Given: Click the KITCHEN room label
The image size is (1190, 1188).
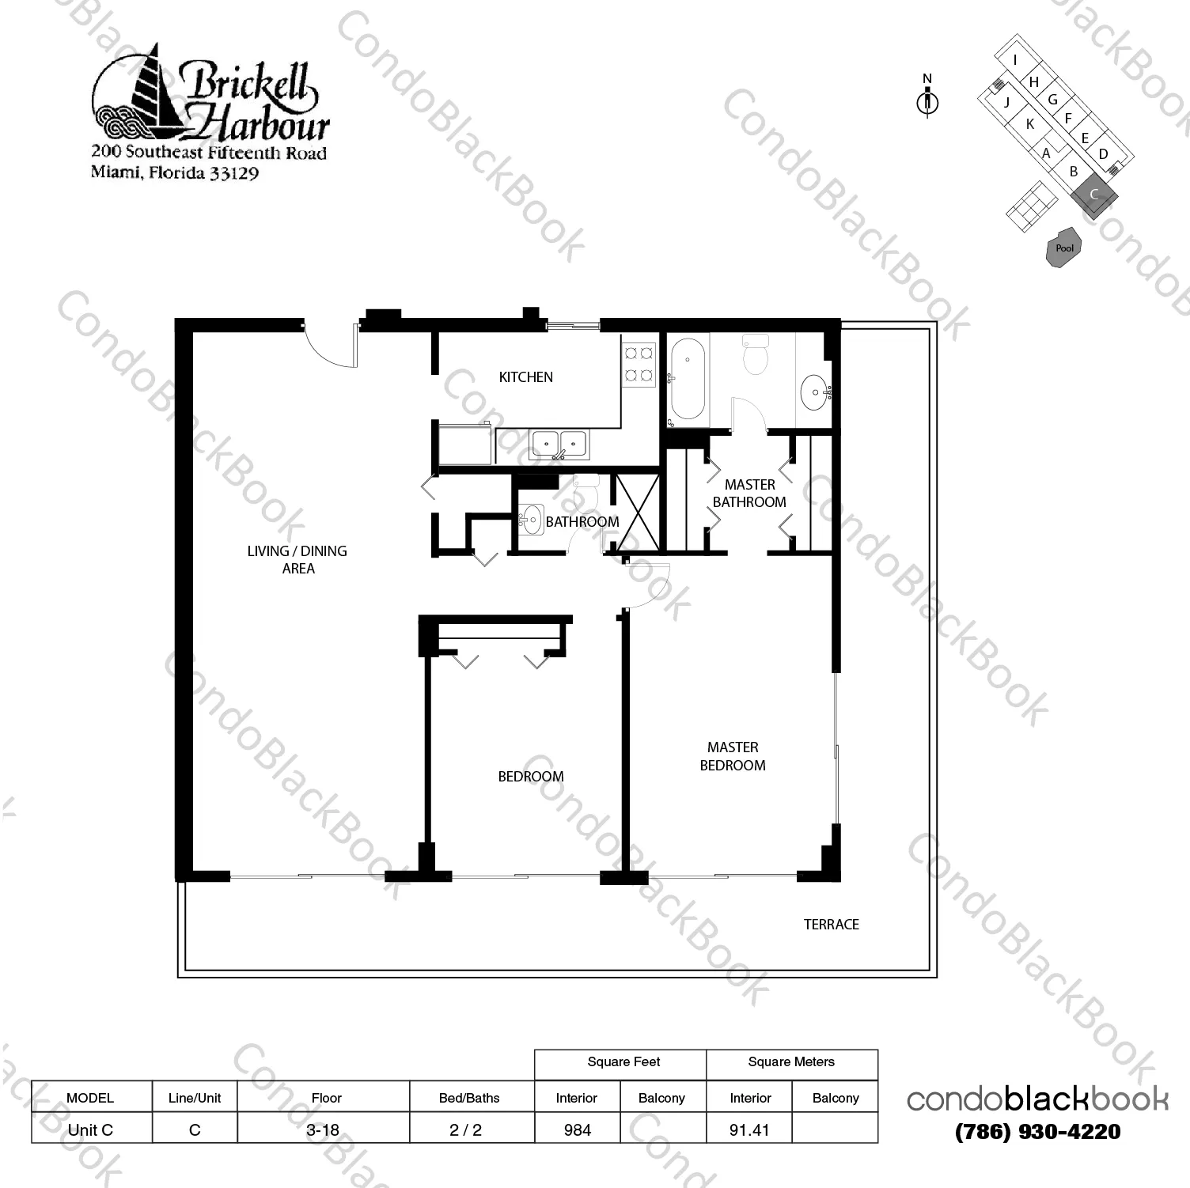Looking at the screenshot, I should [x=525, y=377].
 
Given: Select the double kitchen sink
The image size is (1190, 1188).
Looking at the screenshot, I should [x=559, y=445].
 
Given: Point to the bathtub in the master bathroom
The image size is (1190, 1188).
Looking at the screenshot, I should [x=688, y=379].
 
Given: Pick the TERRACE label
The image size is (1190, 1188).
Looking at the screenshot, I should [x=831, y=924].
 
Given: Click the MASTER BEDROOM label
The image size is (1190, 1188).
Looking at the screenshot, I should [x=733, y=756].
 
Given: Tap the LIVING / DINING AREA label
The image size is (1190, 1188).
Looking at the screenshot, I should [x=297, y=559].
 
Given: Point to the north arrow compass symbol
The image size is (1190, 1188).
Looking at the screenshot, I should [x=927, y=100].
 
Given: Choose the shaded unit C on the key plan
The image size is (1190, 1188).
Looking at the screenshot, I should [x=1094, y=194].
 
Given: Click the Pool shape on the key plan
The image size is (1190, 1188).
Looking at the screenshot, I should [x=1064, y=248].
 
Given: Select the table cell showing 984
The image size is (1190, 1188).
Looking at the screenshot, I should [x=578, y=1129].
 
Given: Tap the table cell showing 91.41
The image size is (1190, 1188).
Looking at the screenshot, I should [x=748, y=1129].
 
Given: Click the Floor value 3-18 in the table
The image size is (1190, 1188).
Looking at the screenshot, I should [x=323, y=1129].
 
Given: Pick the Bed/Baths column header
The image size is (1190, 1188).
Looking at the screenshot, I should [x=469, y=1098].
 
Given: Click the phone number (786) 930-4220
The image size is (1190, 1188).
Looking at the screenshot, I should [x=1037, y=1132].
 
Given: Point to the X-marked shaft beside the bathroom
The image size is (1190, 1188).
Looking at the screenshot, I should [x=637, y=512].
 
